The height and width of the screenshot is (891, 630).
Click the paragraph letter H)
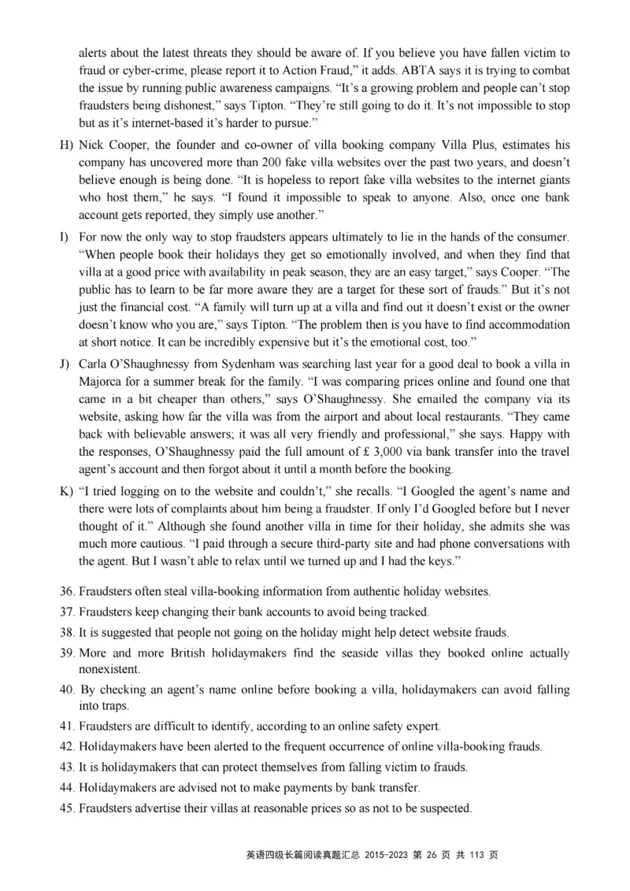[65, 146]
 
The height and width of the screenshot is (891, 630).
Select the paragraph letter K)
[65, 491]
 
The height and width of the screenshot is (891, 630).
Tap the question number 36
[66, 590]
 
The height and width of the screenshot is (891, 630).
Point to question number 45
[66, 808]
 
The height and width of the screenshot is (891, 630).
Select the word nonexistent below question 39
[109, 669]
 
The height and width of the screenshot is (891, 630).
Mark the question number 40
[66, 690]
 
